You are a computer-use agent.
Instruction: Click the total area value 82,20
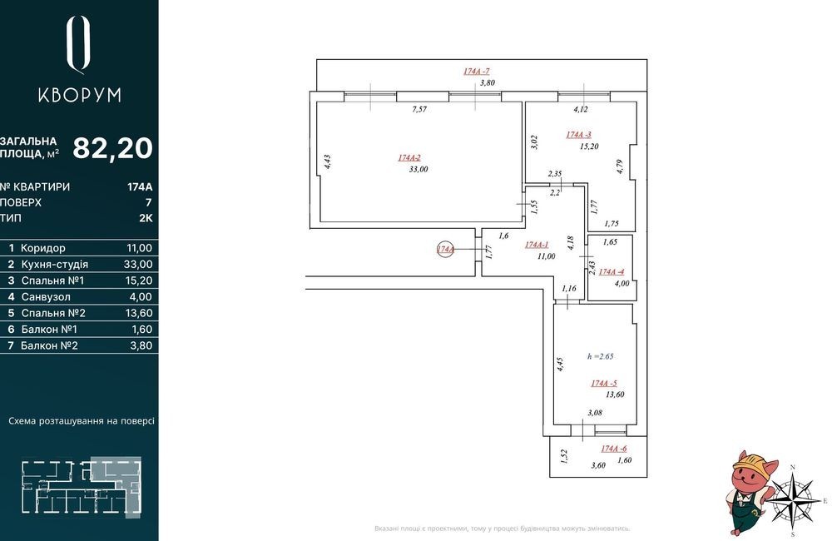112,148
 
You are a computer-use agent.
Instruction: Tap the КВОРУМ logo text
80,95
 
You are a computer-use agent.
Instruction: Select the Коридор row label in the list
43,248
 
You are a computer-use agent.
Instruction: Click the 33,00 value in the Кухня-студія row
138,265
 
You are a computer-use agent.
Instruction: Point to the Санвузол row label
46,297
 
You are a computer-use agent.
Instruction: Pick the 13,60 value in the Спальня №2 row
139,313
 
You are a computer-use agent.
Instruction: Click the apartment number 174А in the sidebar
140,187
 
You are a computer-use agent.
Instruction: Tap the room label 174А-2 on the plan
409,157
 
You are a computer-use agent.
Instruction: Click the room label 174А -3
578,135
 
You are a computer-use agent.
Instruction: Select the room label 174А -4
612,272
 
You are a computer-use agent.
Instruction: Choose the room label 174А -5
604,384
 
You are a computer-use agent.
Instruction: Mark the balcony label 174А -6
614,449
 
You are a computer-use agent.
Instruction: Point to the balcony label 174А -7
476,71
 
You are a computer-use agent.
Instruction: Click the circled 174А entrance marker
445,249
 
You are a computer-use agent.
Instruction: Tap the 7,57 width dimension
419,109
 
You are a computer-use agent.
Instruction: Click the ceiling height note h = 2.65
600,356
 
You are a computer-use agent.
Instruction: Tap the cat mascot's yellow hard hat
750,459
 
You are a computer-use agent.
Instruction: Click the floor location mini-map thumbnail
82,487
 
